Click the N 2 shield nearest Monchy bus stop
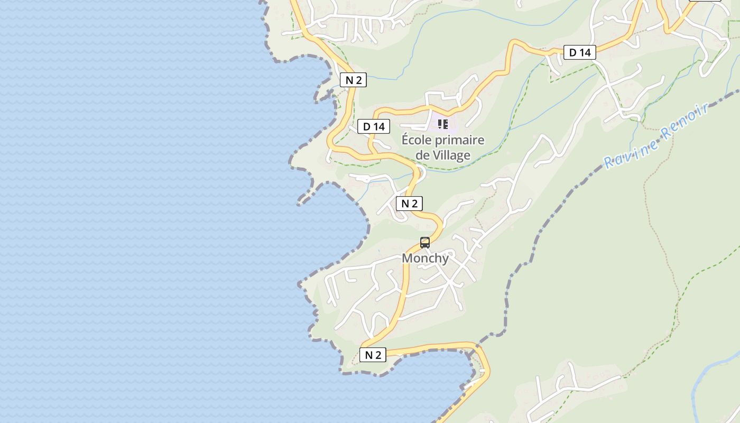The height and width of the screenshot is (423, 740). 409,204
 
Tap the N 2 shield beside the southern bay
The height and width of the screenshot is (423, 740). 373,355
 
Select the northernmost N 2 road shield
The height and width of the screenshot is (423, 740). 353,80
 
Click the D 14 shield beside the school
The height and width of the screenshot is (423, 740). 374,126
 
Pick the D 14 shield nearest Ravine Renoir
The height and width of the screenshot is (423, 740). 579,52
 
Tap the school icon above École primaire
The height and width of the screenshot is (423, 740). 442,124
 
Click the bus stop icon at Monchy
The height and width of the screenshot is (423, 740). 425,243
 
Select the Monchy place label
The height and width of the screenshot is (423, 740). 425,258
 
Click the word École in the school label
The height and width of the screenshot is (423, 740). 417,140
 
